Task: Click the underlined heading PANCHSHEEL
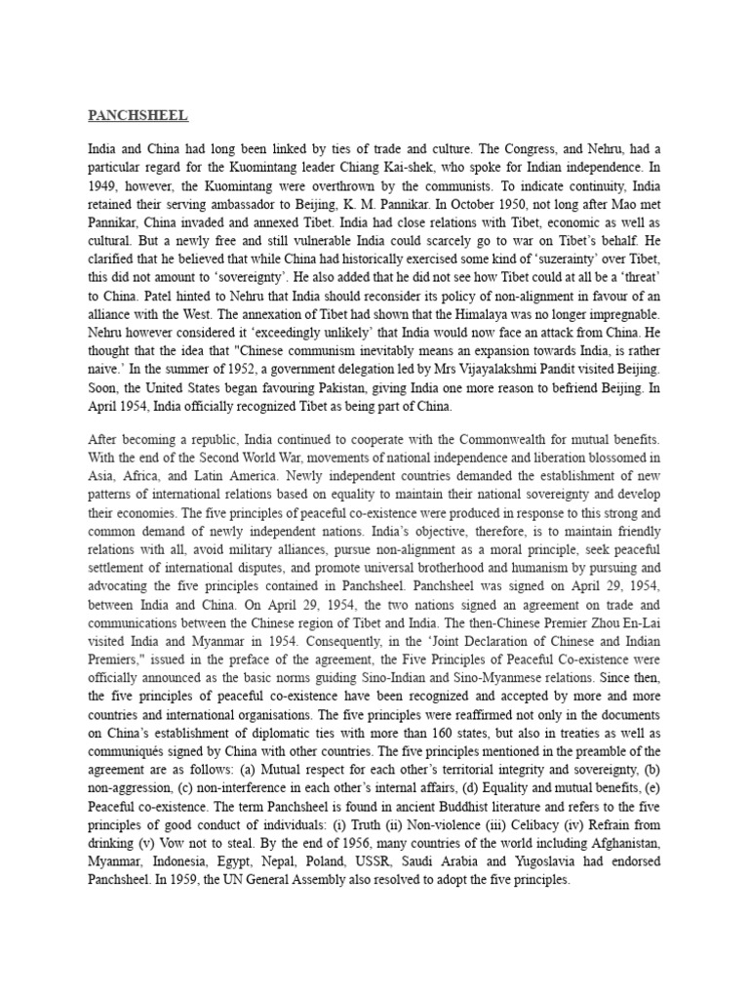(138, 116)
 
